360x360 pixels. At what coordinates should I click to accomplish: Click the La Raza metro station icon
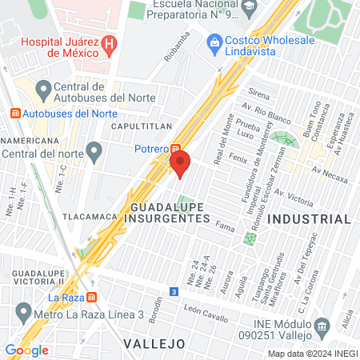(93, 298)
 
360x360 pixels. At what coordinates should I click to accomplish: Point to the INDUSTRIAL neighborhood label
(309, 218)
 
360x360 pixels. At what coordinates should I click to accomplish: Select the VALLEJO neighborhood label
(155, 343)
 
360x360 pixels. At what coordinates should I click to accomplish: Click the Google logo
(26, 350)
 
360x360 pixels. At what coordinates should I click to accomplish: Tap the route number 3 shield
(174, 292)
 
